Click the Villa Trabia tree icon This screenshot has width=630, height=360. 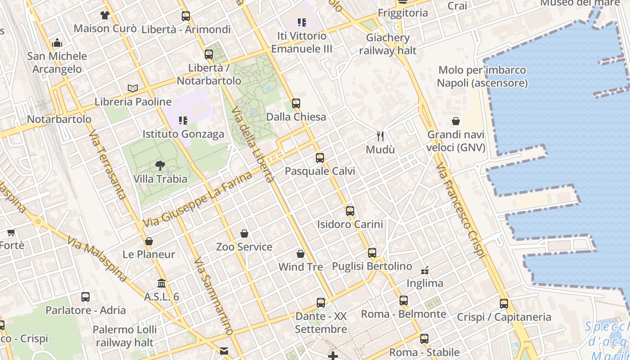point(160,165)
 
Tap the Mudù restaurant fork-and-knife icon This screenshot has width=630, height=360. point(380,136)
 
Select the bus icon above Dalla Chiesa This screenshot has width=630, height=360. point(296,103)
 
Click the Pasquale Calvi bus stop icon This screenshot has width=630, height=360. point(320,157)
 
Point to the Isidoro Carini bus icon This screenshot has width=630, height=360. point(350,211)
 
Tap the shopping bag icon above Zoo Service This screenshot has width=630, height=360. point(244,233)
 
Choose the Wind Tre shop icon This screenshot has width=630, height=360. point(301,254)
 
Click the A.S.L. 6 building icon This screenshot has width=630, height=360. point(162,283)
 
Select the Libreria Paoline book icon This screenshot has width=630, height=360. point(132,88)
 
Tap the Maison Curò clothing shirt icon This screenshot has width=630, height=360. point(105,15)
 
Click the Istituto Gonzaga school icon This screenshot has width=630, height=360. point(183,120)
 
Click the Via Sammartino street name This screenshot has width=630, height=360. point(214,297)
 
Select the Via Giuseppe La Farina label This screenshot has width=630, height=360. point(198,199)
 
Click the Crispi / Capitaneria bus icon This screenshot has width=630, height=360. point(504,303)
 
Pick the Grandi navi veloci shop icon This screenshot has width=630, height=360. point(456,121)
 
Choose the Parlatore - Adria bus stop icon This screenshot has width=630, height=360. point(85,297)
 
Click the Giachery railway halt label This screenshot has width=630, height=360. point(388,44)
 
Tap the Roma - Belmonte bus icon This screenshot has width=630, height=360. point(403,300)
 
